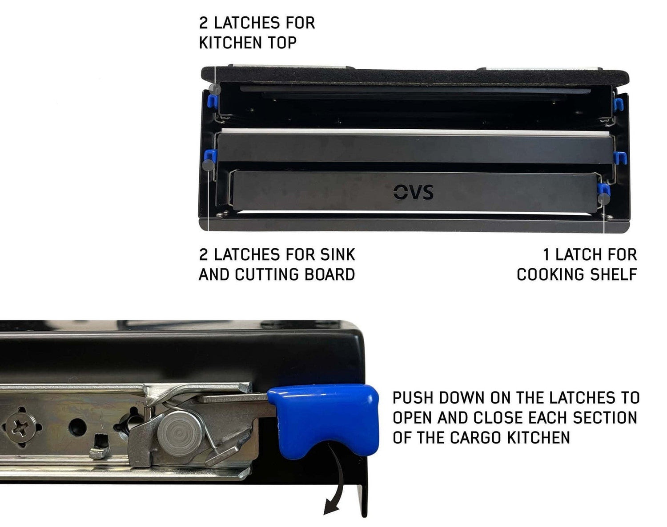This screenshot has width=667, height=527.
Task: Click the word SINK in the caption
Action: [338, 254]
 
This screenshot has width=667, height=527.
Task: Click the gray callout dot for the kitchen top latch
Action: [215, 89]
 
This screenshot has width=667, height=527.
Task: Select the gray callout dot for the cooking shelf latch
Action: [604, 198]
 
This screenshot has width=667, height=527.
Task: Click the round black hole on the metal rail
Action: [77, 427]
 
